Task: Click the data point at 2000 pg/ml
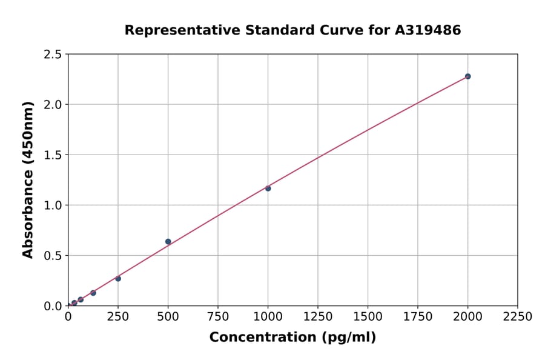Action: pyautogui.click(x=467, y=76)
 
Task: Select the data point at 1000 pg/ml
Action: pyautogui.click(x=268, y=188)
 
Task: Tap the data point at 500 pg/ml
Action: pyautogui.click(x=168, y=242)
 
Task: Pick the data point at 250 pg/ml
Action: pyautogui.click(x=118, y=279)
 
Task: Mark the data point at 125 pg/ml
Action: pyautogui.click(x=93, y=293)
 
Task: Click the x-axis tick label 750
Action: pyautogui.click(x=218, y=316)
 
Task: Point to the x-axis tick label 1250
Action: pyautogui.click(x=318, y=316)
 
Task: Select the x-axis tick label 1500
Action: pyautogui.click(x=368, y=316)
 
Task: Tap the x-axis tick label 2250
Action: pyautogui.click(x=518, y=316)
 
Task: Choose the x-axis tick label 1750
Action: pyautogui.click(x=418, y=316)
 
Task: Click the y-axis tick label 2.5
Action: pyautogui.click(x=53, y=55)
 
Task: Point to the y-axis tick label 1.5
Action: pyautogui.click(x=53, y=155)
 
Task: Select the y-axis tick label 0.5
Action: pyautogui.click(x=53, y=256)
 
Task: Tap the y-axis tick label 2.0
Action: pyautogui.click(x=53, y=105)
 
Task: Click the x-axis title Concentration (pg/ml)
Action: pyautogui.click(x=292, y=338)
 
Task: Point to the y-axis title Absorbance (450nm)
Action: pyautogui.click(x=28, y=180)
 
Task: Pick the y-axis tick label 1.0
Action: pyautogui.click(x=53, y=205)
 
